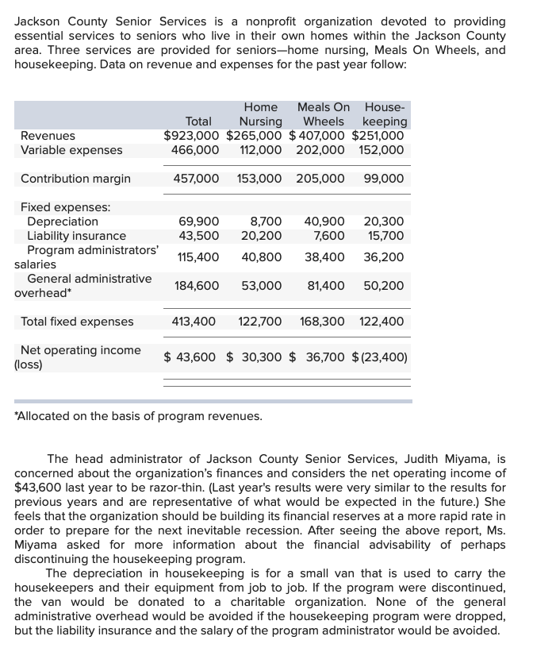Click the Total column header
198,121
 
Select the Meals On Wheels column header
323,114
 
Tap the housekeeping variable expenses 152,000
382,149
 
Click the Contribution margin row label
75,179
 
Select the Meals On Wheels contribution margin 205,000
320,179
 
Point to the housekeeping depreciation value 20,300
384,222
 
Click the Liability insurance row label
76,236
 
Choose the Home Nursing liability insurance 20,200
262,236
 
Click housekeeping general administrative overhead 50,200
384,286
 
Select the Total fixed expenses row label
77,322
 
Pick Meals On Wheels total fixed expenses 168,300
322,322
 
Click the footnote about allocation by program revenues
138,415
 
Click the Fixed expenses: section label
66,207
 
